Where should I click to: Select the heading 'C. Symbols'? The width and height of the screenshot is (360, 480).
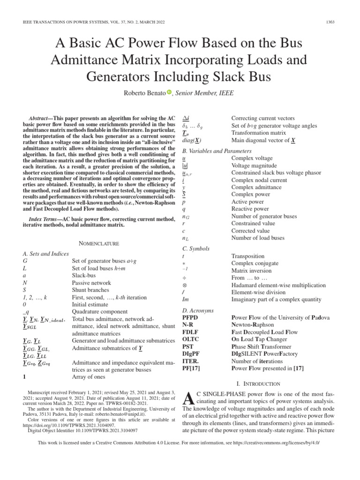(196, 248)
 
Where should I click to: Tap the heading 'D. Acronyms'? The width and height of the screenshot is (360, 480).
(198, 310)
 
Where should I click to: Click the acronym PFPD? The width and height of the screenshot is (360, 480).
(190, 318)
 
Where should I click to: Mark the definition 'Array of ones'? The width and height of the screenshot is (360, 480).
(89, 376)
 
